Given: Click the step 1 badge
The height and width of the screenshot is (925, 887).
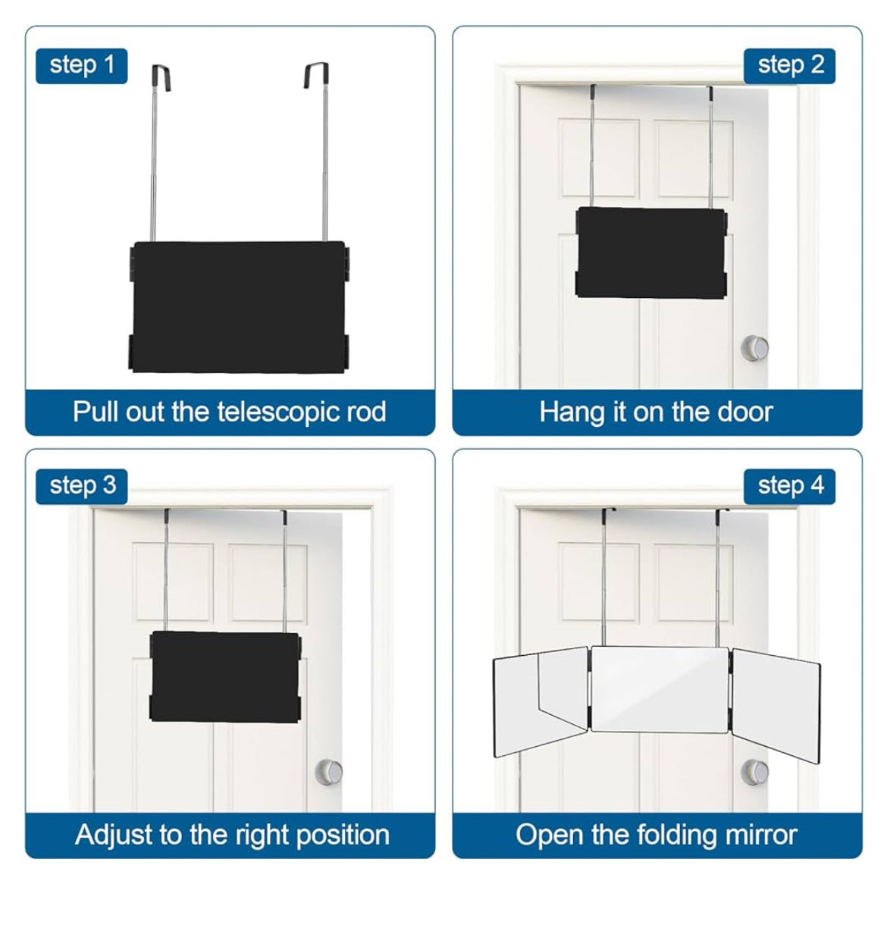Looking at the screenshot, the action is (81, 66).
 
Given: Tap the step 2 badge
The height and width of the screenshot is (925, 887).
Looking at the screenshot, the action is (789, 66).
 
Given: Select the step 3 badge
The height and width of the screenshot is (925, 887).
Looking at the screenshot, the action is (81, 486).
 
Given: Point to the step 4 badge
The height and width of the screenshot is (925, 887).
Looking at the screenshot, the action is (789, 486).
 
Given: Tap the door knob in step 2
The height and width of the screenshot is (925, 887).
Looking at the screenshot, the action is (754, 348).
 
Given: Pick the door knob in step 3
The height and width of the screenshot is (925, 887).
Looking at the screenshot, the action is (328, 772).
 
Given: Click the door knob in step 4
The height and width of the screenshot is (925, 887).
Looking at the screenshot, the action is (754, 772).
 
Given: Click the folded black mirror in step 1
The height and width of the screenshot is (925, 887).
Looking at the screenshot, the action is (239, 307).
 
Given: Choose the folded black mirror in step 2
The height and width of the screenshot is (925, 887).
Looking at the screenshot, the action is (651, 253).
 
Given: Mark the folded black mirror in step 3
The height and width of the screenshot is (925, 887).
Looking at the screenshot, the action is (225, 677).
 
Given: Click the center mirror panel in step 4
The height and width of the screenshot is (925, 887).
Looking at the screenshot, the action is (660, 690).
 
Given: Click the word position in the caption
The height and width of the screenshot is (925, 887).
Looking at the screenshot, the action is (342, 836).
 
